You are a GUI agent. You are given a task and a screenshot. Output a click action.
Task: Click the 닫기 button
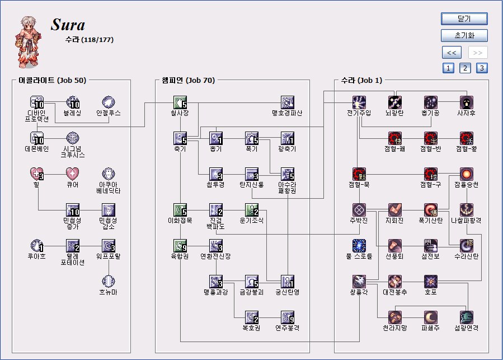tap(464, 19)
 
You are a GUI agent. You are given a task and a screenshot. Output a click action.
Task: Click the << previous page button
tap(451, 53)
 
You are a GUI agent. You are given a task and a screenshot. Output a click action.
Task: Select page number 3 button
tap(482, 68)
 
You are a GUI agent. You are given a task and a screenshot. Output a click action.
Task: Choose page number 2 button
tap(465, 68)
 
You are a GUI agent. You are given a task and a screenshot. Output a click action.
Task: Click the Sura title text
tap(68, 25)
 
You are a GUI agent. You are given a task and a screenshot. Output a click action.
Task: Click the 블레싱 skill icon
tap(73, 102)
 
